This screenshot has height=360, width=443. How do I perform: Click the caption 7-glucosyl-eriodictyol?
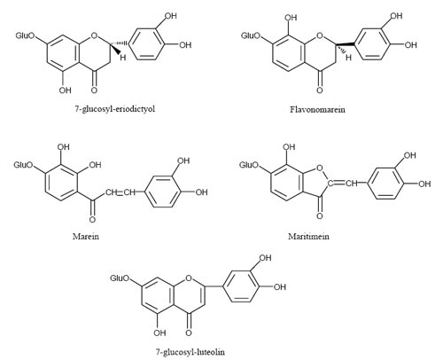pyautogui.click(x=115, y=109)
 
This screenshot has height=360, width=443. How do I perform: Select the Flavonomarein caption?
pyautogui.click(x=317, y=110)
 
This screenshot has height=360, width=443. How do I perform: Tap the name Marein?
pyautogui.click(x=86, y=237)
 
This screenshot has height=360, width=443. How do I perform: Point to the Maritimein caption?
pyautogui.click(x=308, y=237)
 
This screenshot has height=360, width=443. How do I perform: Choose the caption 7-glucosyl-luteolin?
pyautogui.click(x=190, y=352)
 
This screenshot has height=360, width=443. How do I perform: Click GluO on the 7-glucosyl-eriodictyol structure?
pyautogui.click(x=25, y=36)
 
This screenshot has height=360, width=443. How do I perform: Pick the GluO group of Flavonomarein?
pyautogui.click(x=251, y=36)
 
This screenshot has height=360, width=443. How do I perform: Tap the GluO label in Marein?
pyautogui.click(x=24, y=165)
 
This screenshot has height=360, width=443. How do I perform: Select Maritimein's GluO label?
pyautogui.click(x=249, y=165)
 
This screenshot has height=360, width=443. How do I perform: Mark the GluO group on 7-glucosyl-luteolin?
pyautogui.click(x=120, y=278)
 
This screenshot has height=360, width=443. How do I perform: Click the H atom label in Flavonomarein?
pyautogui.click(x=348, y=58)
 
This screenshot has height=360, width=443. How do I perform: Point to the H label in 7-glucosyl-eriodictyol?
pyautogui.click(x=123, y=58)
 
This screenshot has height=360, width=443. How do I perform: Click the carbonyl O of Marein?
pyautogui.click(x=93, y=220)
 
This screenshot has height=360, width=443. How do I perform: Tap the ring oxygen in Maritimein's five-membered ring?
pyautogui.click(x=319, y=168)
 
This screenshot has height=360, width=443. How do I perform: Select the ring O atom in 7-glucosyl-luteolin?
pyautogui.click(x=189, y=278)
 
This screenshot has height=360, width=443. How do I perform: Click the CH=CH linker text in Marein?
pyautogui.click(x=120, y=192)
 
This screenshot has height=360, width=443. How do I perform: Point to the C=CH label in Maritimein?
pyautogui.click(x=343, y=184)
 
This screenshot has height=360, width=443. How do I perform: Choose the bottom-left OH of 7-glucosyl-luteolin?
pyautogui.click(x=159, y=333)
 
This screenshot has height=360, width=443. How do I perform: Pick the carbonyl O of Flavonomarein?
pyautogui.click(x=320, y=90)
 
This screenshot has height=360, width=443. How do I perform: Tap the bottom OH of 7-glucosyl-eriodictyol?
pyautogui.click(x=65, y=90)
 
